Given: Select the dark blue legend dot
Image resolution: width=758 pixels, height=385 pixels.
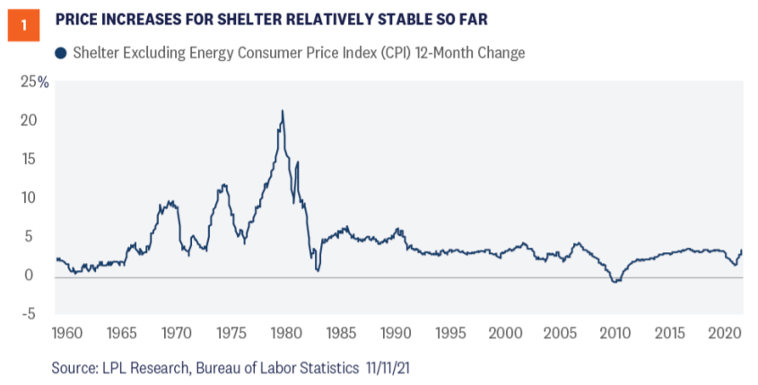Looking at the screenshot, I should pyautogui.click(x=60, y=53).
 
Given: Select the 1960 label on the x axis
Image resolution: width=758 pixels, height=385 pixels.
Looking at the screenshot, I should pyautogui.click(x=70, y=334).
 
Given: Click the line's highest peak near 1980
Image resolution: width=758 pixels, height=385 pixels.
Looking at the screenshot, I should pyautogui.click(x=283, y=111).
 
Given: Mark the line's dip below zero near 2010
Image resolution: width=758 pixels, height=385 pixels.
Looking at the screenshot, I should pyautogui.click(x=614, y=282).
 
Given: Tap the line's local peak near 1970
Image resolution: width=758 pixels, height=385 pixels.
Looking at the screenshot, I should pyautogui.click(x=170, y=203).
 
